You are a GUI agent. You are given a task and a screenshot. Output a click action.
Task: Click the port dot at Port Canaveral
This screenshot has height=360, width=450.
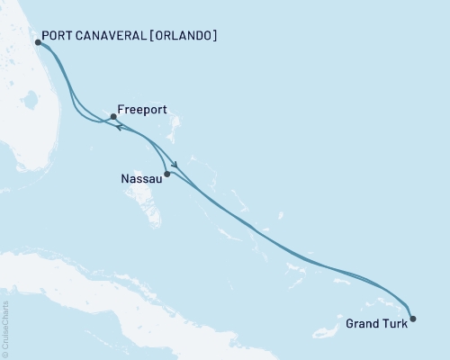[x=37, y=41]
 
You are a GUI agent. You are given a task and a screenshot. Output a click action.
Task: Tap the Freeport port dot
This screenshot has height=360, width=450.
[x=112, y=117]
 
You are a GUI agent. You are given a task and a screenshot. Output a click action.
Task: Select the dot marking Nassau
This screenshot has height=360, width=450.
[x=167, y=174]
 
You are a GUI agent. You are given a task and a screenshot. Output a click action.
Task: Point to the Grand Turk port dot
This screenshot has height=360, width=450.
[x=413, y=318]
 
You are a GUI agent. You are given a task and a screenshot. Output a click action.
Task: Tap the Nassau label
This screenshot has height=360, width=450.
[x=140, y=179]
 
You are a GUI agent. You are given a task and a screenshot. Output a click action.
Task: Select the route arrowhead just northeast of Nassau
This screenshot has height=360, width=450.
[x=177, y=165]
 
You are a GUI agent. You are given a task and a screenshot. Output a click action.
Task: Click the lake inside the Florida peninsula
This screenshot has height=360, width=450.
[x=34, y=125]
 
